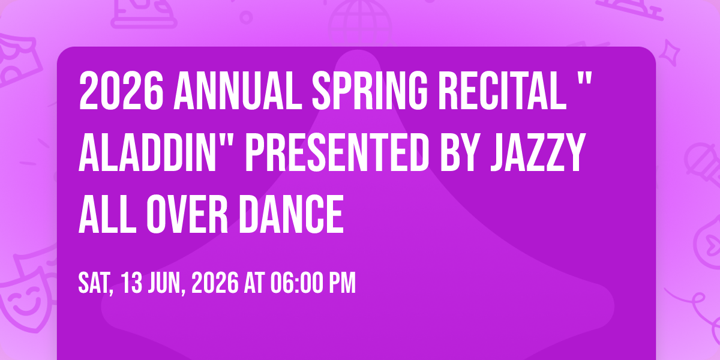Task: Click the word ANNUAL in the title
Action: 238,91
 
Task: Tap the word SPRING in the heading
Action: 370,91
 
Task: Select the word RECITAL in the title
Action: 502,91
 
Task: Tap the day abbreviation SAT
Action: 96,283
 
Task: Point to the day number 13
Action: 132,283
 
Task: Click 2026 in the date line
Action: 215,283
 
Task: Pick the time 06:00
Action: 296,283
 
